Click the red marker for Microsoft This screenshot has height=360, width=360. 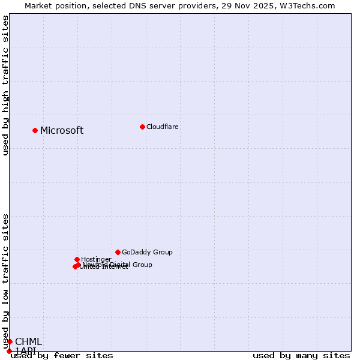click(x=35, y=130)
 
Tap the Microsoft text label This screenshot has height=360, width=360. click(x=62, y=131)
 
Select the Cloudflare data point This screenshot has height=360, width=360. click(x=142, y=127)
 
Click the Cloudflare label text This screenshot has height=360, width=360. click(x=163, y=127)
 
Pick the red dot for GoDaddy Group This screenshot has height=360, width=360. click(x=118, y=252)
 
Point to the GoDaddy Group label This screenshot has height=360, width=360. click(x=147, y=253)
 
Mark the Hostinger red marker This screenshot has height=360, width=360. click(x=77, y=259)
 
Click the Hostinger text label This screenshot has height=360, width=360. click(x=96, y=260)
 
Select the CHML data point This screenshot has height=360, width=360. click(x=10, y=341)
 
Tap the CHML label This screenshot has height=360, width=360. click(x=29, y=342)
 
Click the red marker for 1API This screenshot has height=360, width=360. click(x=9, y=351)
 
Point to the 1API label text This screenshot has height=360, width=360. click(x=26, y=350)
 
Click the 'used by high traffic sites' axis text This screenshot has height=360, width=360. click(x=6, y=85)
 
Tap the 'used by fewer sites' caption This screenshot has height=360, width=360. click(x=62, y=356)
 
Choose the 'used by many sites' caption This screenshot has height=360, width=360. click(x=301, y=356)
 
